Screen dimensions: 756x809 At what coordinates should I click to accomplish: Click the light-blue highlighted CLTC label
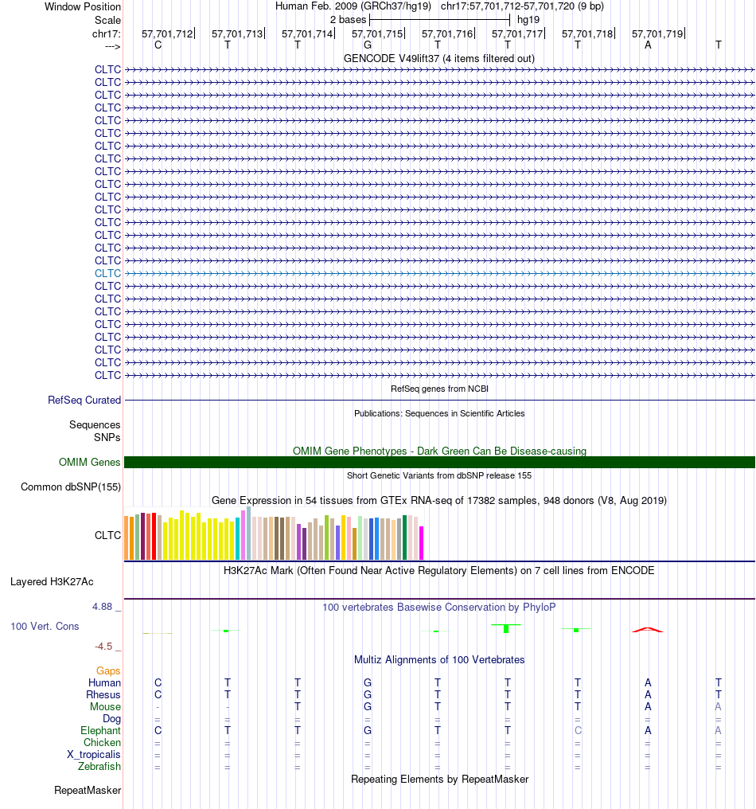[107, 273]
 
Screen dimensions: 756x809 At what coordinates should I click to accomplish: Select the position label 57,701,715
[377, 33]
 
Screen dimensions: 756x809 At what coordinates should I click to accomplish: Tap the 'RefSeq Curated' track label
[84, 400]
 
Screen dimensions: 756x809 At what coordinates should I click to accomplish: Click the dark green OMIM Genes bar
[439, 463]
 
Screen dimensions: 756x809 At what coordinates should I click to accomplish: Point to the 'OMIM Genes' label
[89, 463]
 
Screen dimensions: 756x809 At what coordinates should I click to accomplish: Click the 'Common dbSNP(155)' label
[71, 487]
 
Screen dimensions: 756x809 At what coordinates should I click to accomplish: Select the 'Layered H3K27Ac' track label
[52, 582]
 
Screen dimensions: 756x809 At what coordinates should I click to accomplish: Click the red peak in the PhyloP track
[648, 630]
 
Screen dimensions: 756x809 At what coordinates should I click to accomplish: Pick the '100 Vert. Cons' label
[45, 627]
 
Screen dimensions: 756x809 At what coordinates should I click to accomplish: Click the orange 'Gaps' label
[108, 670]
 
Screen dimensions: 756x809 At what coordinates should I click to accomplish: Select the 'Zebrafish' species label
[99, 766]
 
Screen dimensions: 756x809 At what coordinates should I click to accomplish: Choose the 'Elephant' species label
[100, 731]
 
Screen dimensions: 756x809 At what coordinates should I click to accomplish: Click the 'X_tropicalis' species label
[93, 754]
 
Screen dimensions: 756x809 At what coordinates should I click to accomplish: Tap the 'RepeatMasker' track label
[88, 791]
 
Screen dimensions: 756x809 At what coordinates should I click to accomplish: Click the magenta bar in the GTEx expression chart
[421, 543]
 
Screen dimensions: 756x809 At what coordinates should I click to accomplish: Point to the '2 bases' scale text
[348, 20]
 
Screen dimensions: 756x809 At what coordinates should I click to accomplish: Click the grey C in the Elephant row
[578, 731]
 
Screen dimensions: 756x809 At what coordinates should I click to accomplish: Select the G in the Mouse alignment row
[368, 707]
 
